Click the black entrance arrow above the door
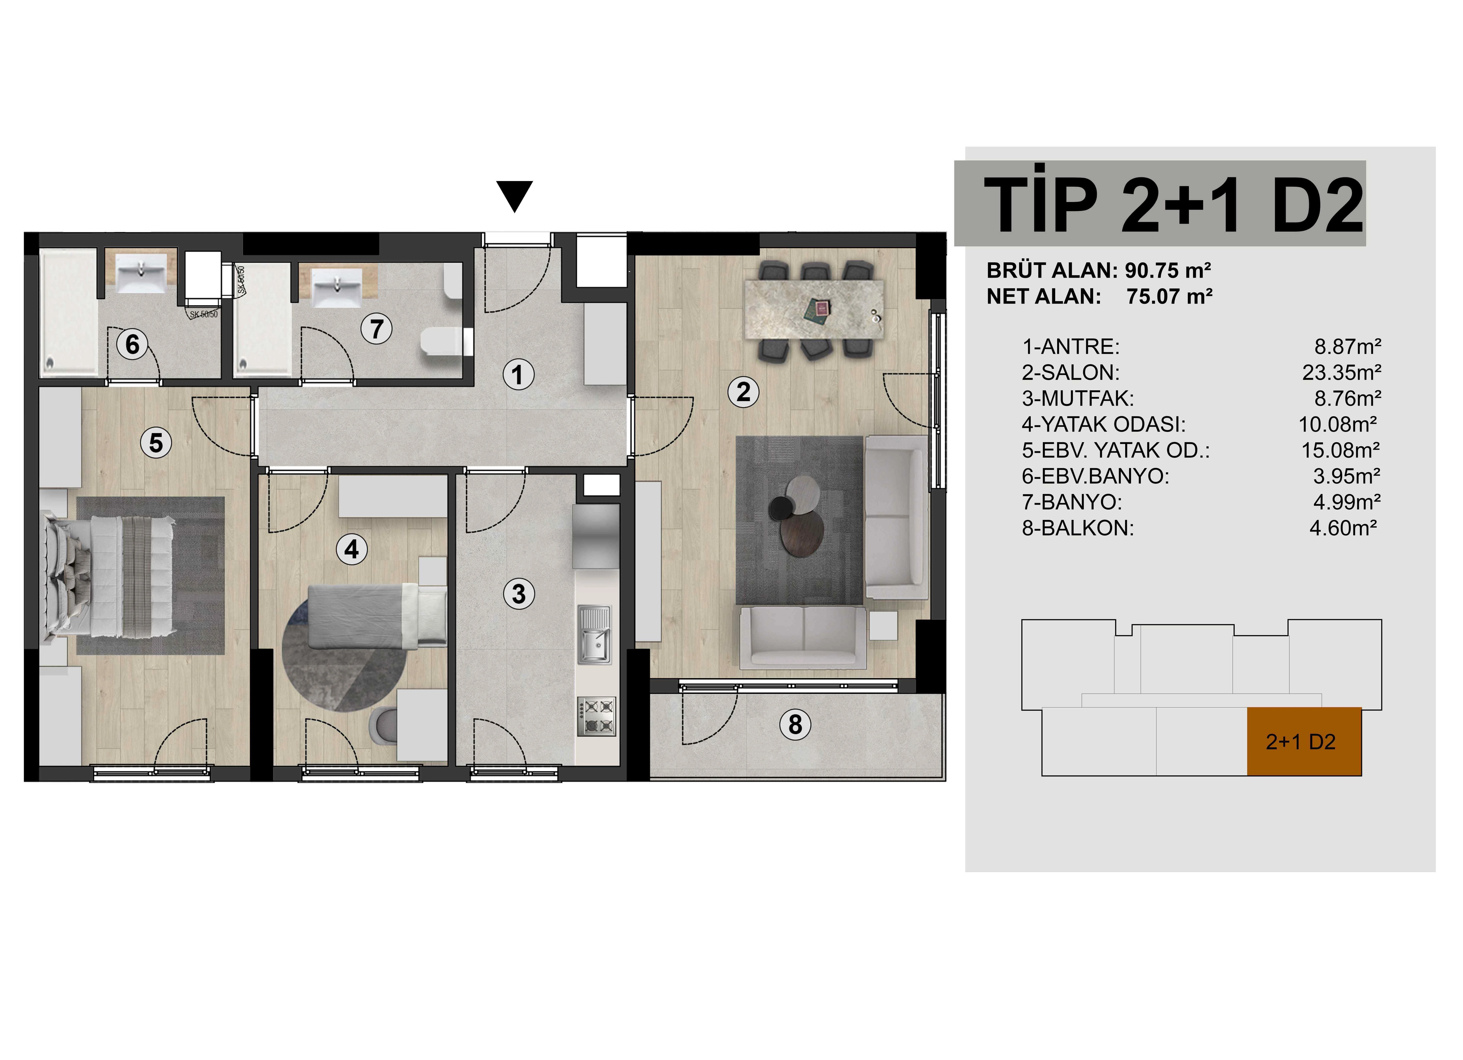point(514,195)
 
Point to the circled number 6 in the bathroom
point(132,344)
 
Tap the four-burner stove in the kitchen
point(597,716)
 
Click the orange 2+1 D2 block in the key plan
point(1304,741)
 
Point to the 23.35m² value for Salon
point(1342,373)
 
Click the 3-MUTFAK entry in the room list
point(1078,398)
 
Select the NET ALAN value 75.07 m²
point(1169,297)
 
